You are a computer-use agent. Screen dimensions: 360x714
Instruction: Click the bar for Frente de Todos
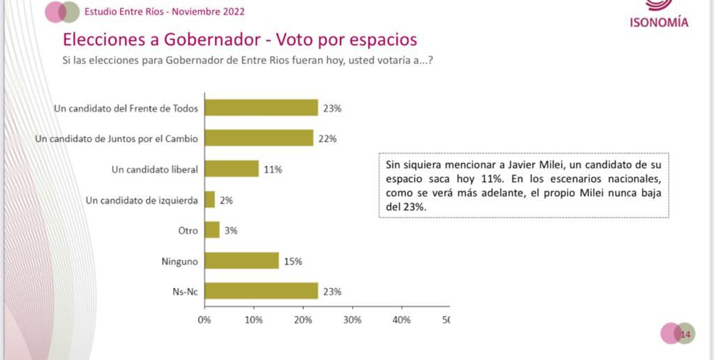(x=261, y=107)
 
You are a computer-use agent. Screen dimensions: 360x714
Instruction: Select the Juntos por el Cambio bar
(x=259, y=138)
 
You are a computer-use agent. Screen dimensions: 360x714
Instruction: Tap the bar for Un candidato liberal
(x=231, y=169)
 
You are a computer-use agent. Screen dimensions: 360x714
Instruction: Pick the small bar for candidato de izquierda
(x=209, y=200)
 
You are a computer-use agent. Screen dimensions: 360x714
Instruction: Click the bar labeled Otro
(x=212, y=230)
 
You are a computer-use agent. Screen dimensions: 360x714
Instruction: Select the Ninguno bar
(x=241, y=261)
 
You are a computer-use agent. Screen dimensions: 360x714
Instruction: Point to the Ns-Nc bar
(x=261, y=292)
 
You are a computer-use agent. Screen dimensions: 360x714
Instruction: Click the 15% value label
(x=293, y=262)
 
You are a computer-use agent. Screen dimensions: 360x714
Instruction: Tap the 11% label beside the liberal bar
(x=273, y=170)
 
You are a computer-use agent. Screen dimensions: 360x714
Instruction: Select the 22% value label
(x=327, y=139)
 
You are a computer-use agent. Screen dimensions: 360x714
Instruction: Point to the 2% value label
(x=225, y=200)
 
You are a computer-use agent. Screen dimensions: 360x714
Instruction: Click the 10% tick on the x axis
(x=254, y=320)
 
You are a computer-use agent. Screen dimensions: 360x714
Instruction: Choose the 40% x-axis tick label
(x=402, y=320)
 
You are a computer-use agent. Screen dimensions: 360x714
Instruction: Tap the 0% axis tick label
(x=204, y=320)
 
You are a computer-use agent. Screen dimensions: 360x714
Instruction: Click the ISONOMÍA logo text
(x=659, y=22)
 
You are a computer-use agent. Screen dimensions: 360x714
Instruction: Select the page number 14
(x=685, y=334)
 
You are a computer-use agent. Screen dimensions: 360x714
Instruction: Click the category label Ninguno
(x=179, y=262)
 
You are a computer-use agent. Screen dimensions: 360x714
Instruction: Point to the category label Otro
(x=188, y=231)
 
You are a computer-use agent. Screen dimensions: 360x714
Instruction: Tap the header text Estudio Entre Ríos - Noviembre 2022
(x=165, y=12)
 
